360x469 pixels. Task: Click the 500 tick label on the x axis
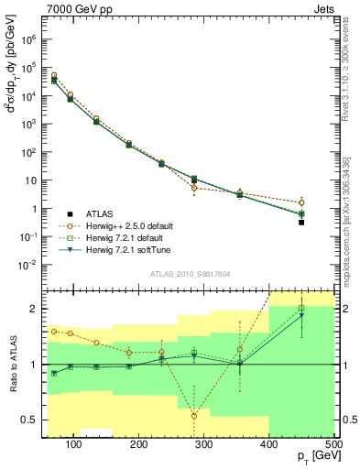point(333,444)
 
